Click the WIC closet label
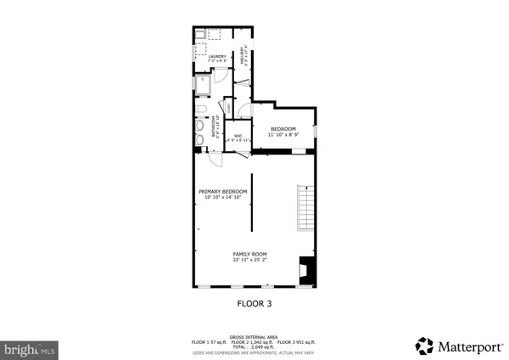pyautogui.click(x=238, y=136)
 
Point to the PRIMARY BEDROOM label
pyautogui.click(x=223, y=192)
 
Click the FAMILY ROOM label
pyautogui.click(x=250, y=254)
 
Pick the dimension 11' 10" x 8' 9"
pyautogui.click(x=282, y=135)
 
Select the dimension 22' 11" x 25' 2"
pyautogui.click(x=250, y=260)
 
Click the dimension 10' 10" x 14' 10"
pyautogui.click(x=223, y=198)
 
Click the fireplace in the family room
pyautogui.click(x=309, y=270)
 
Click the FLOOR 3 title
pyautogui.click(x=254, y=302)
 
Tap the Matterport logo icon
pyautogui.click(x=424, y=346)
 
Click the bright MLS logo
pyautogui.click(x=29, y=348)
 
